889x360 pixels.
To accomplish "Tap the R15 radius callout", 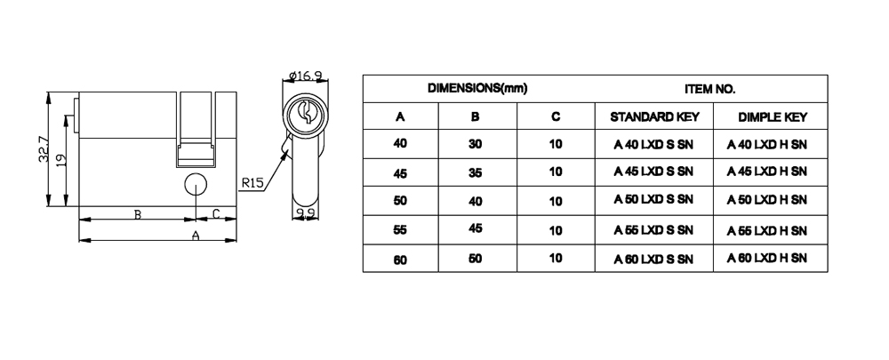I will [x=252, y=183].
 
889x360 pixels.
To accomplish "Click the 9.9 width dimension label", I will [x=307, y=212].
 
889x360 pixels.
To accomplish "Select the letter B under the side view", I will [x=137, y=214].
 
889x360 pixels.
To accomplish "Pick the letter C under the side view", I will [x=217, y=214].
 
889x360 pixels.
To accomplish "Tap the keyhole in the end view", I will [x=306, y=115].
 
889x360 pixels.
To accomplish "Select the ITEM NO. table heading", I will [x=709, y=90].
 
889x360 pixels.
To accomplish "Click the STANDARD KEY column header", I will [x=654, y=116].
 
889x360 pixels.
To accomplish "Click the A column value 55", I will [x=400, y=230].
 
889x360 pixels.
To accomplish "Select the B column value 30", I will [x=476, y=144].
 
